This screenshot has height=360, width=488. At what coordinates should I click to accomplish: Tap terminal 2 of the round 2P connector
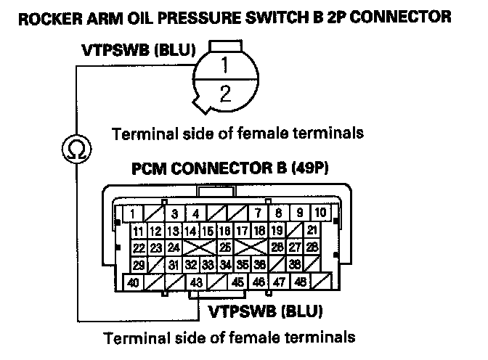(226, 92)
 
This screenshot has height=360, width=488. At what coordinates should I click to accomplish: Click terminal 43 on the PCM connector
(195, 282)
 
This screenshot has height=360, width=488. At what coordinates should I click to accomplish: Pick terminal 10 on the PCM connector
(320, 213)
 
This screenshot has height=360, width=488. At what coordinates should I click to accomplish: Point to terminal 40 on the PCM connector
(134, 282)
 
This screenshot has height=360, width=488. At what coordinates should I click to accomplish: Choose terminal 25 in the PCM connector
(226, 247)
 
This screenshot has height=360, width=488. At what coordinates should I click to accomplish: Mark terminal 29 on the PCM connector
(139, 265)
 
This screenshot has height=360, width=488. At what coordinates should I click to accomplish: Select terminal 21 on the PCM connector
(312, 231)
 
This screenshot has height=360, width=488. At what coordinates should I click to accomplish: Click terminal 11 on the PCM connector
(139, 231)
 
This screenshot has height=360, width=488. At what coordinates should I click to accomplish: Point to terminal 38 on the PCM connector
(295, 265)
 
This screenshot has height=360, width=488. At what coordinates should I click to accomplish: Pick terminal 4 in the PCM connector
(195, 213)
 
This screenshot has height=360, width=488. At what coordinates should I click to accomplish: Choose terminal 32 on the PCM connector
(191, 265)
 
